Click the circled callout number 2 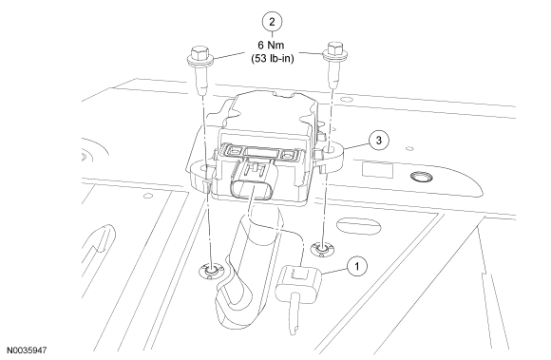[x=272, y=22]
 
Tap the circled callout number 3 [x=378, y=141]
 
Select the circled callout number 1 [x=357, y=266]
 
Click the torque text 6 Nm [x=271, y=45]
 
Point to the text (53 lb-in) [x=273, y=58]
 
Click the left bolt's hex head [x=199, y=52]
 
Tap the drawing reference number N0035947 [x=27, y=351]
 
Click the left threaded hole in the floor [x=211, y=271]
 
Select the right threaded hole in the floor [x=322, y=250]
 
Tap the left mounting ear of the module [x=199, y=175]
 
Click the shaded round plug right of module [x=422, y=178]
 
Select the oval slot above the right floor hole [x=358, y=225]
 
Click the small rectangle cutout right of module [x=377, y=170]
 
